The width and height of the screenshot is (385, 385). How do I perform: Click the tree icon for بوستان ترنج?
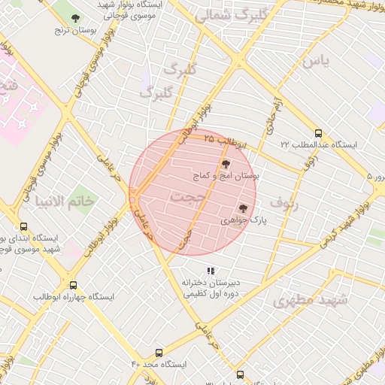(x=74, y=18)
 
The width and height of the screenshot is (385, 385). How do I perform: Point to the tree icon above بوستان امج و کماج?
(x=225, y=164)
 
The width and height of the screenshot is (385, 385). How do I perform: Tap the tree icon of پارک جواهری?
(x=242, y=208)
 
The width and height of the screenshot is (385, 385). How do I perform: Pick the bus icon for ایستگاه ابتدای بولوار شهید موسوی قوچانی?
(x=23, y=226)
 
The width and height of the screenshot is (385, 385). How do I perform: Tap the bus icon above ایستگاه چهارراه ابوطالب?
(x=73, y=285)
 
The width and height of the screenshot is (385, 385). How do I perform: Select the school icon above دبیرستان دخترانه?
(x=211, y=271)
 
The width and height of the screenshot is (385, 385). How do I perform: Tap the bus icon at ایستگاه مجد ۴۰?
(x=159, y=352)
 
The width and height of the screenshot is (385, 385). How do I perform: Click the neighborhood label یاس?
(x=316, y=62)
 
